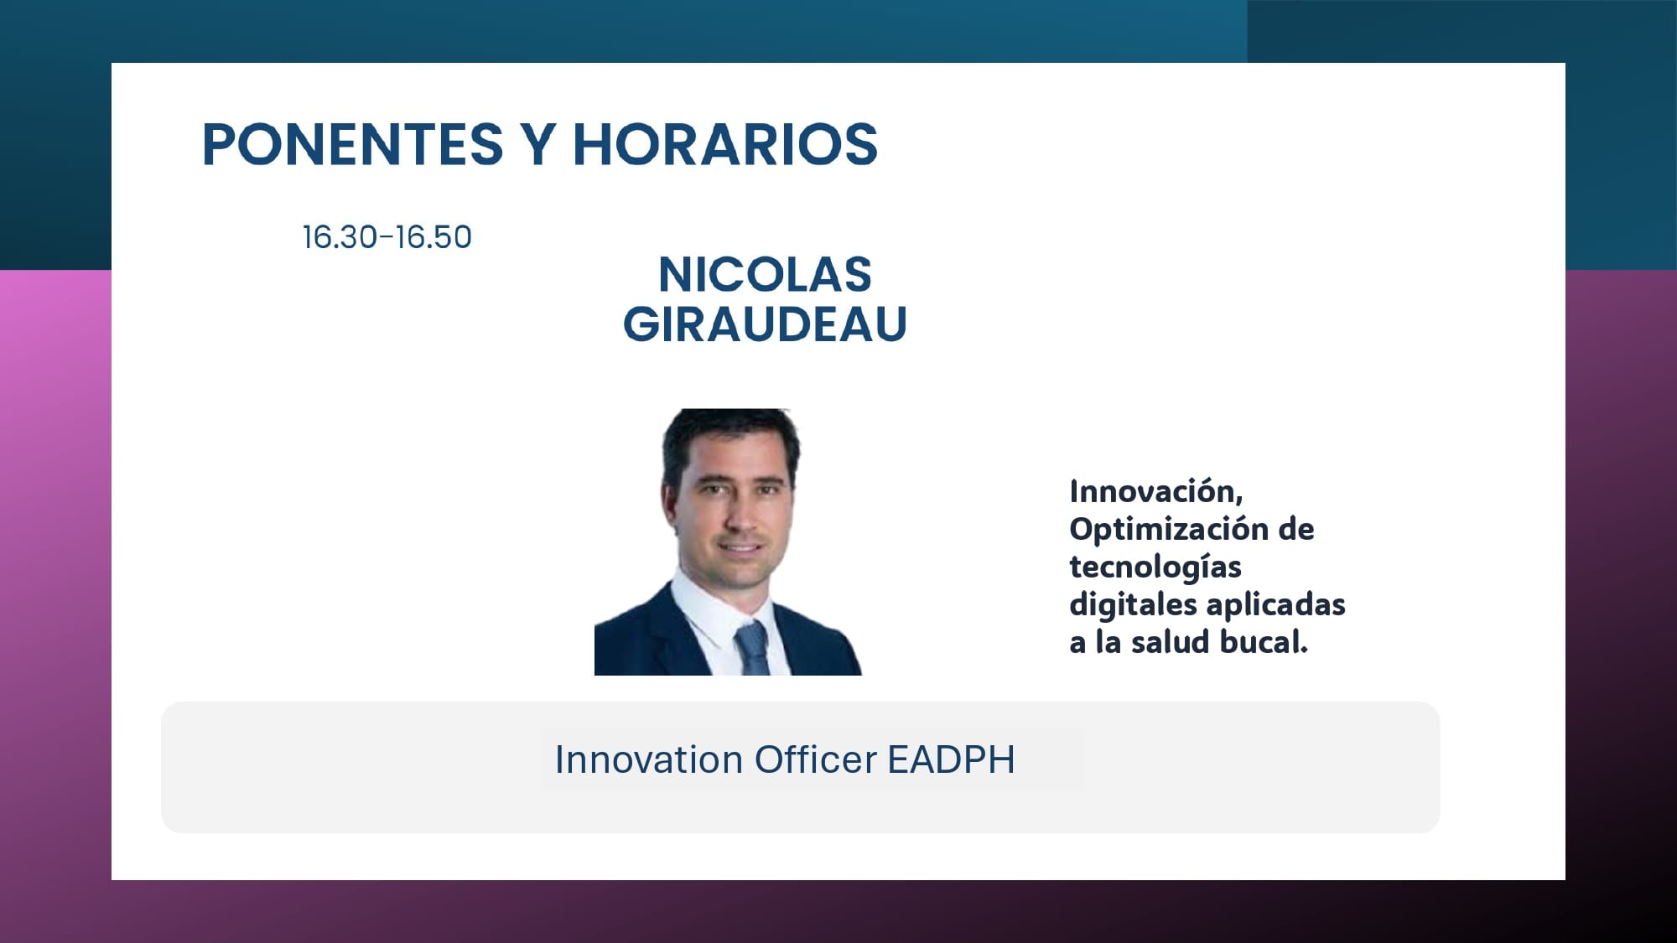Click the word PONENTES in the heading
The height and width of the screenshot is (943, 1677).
point(352,144)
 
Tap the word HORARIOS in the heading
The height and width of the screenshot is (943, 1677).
point(725,144)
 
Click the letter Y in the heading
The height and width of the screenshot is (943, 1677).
point(538,144)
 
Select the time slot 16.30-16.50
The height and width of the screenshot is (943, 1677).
point(387,237)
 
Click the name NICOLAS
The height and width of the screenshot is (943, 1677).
point(765,275)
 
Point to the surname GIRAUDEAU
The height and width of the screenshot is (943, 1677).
point(765,324)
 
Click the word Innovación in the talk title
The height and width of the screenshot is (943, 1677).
point(1156,491)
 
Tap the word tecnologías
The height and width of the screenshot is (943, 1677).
point(1155,567)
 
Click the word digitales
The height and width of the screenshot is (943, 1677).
point(1133,605)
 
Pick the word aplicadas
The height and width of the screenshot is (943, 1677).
point(1276,605)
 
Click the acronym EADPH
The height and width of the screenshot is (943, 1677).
point(951,760)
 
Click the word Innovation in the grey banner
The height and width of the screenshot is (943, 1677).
point(649,760)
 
